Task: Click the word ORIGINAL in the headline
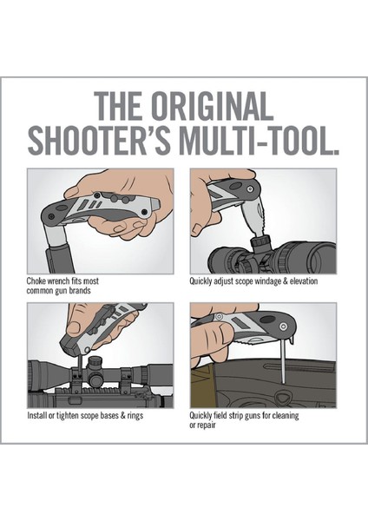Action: pyautogui.click(x=212, y=106)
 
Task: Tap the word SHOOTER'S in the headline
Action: pyautogui.click(x=100, y=141)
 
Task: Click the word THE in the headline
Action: pyautogui.click(x=119, y=106)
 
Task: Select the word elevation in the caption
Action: pyautogui.click(x=304, y=281)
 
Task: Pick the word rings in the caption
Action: pyautogui.click(x=135, y=416)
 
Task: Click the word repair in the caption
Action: pyautogui.click(x=207, y=425)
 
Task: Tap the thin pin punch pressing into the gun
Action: pyautogui.click(x=282, y=365)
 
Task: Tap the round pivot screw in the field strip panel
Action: pyautogui.click(x=283, y=326)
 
